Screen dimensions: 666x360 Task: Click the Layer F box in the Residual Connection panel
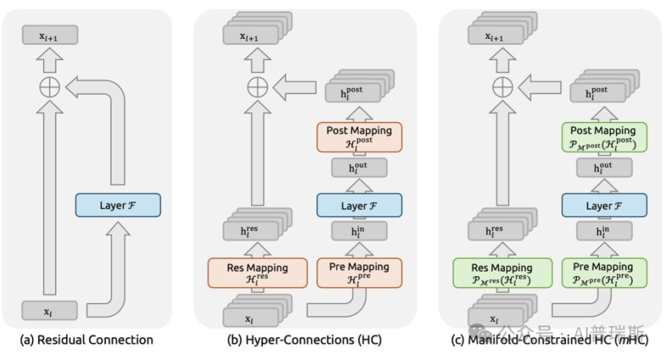click(118, 205)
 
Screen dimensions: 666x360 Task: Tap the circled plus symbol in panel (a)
click(50, 87)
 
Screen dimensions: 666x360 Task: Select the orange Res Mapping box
click(257, 273)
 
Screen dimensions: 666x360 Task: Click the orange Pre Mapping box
click(359, 273)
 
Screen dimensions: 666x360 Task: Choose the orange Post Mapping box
click(359, 137)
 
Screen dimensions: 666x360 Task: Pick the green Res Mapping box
click(502, 273)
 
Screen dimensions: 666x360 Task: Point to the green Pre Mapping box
click(604, 273)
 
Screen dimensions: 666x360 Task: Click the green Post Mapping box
click(604, 137)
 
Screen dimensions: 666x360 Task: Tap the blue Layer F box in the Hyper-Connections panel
click(359, 205)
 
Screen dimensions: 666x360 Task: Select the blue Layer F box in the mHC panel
click(604, 205)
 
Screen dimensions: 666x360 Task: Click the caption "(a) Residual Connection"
click(87, 340)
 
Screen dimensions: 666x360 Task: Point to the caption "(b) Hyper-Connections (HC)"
click(305, 340)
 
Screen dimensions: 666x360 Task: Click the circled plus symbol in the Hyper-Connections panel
click(257, 87)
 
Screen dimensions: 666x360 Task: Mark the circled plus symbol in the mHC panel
click(502, 87)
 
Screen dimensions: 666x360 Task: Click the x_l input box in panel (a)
click(50, 311)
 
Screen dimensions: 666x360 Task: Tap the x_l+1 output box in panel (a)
click(50, 35)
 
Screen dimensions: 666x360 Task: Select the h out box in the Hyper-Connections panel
click(359, 168)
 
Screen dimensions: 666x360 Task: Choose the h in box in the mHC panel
click(604, 232)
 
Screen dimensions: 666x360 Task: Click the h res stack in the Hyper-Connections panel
click(257, 225)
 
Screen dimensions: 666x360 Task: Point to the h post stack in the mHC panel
click(604, 86)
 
